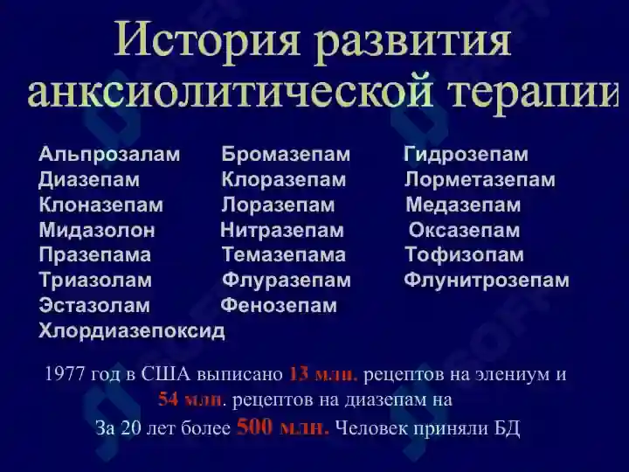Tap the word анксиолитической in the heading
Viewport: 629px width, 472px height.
231,94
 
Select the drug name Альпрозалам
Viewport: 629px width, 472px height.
109,155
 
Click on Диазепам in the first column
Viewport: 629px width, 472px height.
89,180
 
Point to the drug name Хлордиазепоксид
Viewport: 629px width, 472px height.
132,331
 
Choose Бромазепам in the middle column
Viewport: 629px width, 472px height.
286,155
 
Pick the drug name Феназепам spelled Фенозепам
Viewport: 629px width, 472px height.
279,305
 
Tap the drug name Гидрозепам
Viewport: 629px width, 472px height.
467,155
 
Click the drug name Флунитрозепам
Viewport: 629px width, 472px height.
487,281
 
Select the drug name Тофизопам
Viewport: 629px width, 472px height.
465,255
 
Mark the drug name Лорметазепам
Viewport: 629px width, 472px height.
480,180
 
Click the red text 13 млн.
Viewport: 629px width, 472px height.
323,374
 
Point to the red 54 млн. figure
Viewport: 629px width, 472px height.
190,399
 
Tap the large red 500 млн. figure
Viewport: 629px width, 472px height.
283,427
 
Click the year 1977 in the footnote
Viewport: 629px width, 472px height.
65,374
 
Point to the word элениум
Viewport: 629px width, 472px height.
512,375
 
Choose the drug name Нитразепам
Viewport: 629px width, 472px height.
282,231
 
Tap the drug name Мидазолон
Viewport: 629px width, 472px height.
97,231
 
